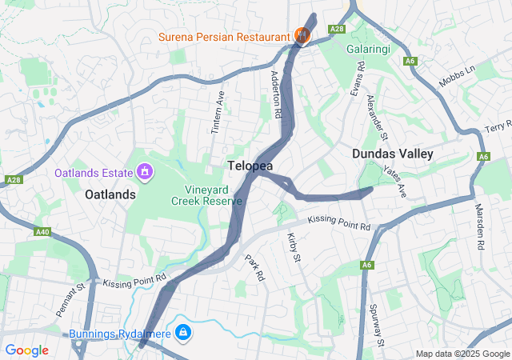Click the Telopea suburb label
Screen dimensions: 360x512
pos(250,166)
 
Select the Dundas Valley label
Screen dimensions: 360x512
pos(392,154)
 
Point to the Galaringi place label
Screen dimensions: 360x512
pos(368,49)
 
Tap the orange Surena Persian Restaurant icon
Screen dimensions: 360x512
pos(302,35)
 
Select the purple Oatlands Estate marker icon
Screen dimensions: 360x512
pos(144,171)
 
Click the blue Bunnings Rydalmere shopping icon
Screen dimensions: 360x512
pos(182,331)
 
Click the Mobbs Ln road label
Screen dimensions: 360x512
pos(457,77)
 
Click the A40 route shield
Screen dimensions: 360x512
pos(42,232)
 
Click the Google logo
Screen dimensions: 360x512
pos(27,350)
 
